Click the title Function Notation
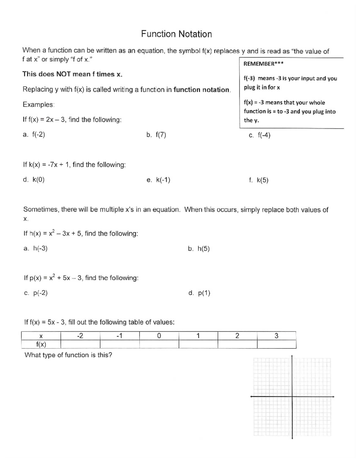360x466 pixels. (176, 34)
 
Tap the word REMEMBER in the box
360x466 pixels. (259, 64)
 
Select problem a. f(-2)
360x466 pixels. (34, 134)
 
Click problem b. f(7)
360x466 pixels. (156, 135)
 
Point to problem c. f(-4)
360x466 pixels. (259, 135)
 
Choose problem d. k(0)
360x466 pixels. (34, 180)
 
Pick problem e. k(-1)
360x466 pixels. (158, 180)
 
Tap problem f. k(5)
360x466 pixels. (259, 180)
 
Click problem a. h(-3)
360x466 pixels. (35, 248)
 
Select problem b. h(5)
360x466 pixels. (199, 249)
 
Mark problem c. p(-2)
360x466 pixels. (36, 293)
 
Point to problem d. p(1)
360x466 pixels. (199, 293)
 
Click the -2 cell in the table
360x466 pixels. (80, 336)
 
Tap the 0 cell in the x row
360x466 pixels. (159, 336)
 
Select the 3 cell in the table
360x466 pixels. (276, 336)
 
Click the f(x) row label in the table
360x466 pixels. (41, 344)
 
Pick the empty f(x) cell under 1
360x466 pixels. (198, 344)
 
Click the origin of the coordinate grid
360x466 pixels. (292, 397)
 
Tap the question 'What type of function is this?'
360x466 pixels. (68, 355)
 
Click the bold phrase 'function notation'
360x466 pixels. (202, 90)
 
